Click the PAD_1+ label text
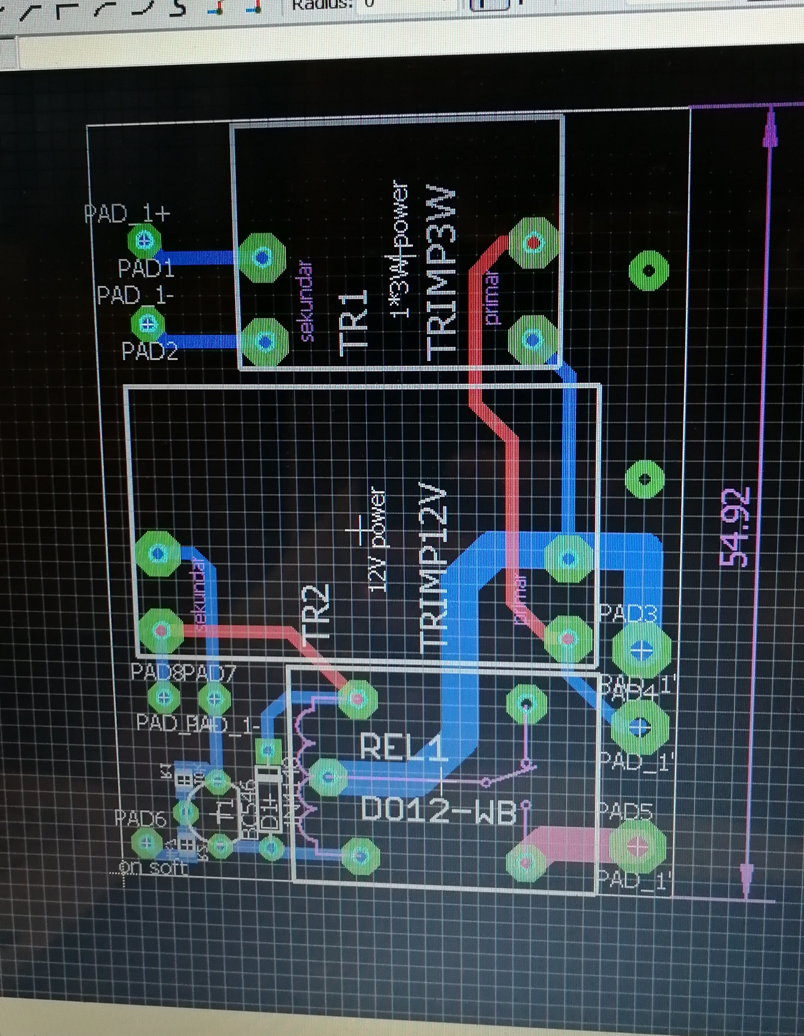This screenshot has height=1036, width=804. [127, 214]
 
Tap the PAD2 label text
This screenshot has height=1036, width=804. [150, 351]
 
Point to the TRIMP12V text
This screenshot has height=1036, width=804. [434, 565]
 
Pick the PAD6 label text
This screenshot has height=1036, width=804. [141, 817]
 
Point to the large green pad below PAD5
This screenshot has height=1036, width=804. [638, 845]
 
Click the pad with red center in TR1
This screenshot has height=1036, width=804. [534, 243]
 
